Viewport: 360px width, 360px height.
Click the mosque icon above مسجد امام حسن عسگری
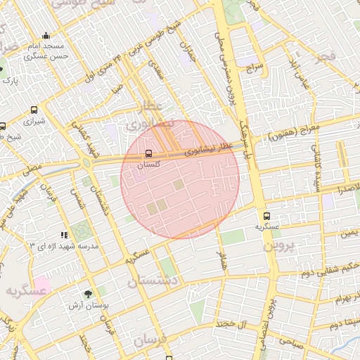[x=46, y=36]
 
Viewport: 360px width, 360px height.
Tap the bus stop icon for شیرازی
[x=34, y=110]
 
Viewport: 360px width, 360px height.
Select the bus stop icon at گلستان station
[x=148, y=153]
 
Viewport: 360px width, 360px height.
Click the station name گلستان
[x=148, y=164]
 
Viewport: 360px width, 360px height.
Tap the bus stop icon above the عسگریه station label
[x=266, y=216]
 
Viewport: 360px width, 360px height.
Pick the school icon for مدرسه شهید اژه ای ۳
[x=64, y=235]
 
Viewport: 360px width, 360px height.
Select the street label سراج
[x=254, y=69]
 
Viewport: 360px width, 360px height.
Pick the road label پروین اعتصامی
[x=274, y=309]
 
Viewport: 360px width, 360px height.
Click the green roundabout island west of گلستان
[x=86, y=162]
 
